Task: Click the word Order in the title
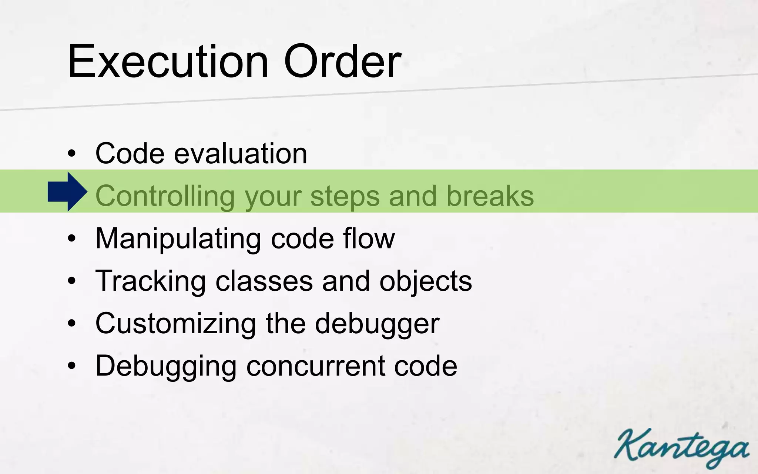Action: pyautogui.click(x=342, y=61)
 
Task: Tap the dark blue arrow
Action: pyautogui.click(x=67, y=192)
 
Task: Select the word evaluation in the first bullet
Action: pyautogui.click(x=241, y=154)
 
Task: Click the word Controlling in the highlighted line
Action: pyautogui.click(x=165, y=196)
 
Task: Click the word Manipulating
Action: pyautogui.click(x=178, y=239)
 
